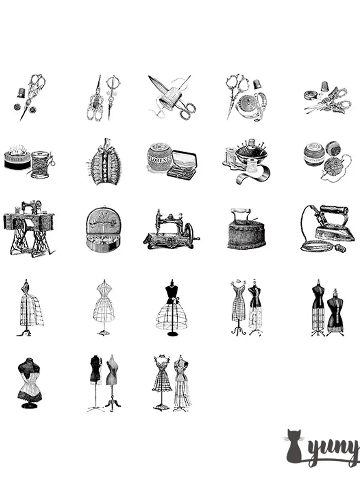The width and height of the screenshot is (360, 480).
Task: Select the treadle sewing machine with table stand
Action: tap(28, 227)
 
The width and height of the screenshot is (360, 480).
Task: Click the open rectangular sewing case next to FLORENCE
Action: tap(183, 164)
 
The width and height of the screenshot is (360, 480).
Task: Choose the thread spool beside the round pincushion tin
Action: tap(40, 164)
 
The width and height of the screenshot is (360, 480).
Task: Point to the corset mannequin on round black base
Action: tap(29, 383)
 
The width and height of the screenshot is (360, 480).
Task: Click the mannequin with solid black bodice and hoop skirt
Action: tap(171, 307)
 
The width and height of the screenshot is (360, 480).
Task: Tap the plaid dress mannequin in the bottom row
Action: tap(162, 381)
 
